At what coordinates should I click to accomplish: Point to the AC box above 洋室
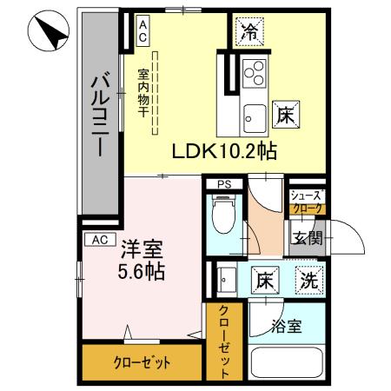(100, 237)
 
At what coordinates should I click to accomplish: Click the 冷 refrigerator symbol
(250, 33)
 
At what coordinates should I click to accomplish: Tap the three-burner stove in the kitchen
(255, 74)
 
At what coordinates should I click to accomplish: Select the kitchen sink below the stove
(255, 114)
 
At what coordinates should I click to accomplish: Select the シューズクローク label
(306, 202)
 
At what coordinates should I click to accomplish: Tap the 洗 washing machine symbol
(308, 281)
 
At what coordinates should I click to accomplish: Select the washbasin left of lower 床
(226, 280)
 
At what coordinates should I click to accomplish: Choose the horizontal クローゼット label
(141, 362)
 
